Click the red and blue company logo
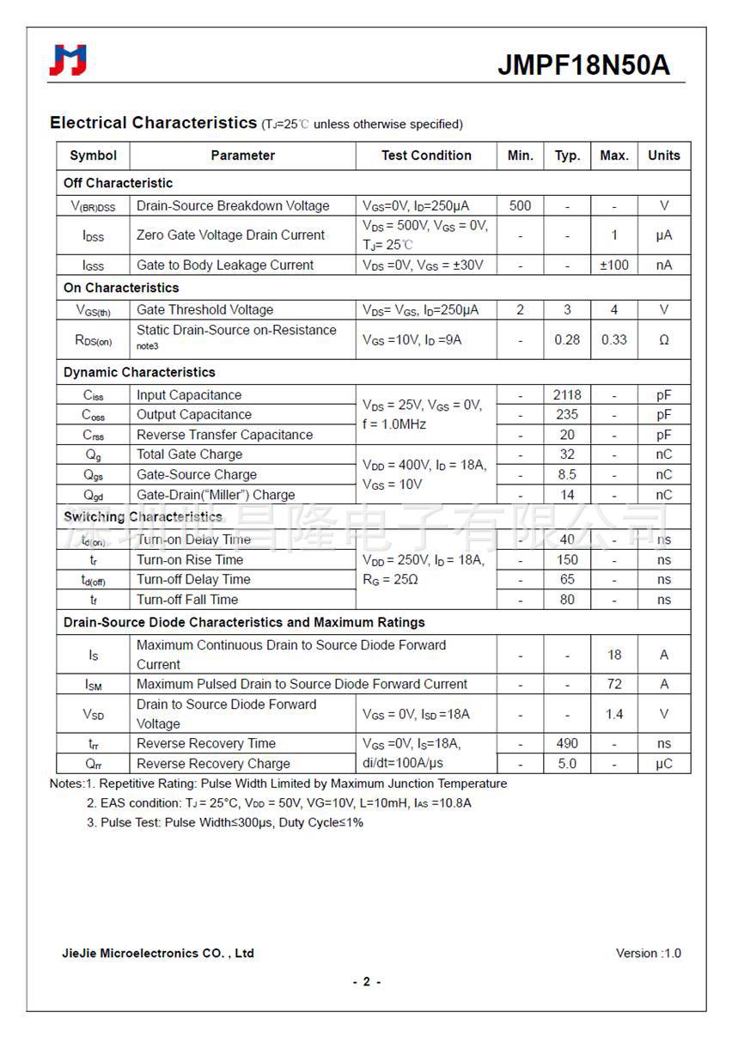(x=68, y=60)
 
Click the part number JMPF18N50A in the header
(x=584, y=65)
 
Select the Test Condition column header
(x=426, y=156)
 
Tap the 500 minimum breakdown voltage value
(x=520, y=206)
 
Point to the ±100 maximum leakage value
(x=613, y=265)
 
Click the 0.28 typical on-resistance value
(x=567, y=339)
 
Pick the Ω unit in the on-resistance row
(x=663, y=340)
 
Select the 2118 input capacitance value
(x=567, y=395)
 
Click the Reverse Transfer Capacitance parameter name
(x=224, y=435)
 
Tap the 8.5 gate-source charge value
(x=567, y=474)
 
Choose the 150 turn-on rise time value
(x=567, y=559)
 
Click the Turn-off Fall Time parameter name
(x=187, y=600)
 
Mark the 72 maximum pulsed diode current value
(x=614, y=684)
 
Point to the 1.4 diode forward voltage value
(x=614, y=714)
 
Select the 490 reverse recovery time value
(x=567, y=743)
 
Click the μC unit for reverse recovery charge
(x=663, y=764)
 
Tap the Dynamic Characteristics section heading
(x=139, y=372)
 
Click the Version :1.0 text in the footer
(x=648, y=953)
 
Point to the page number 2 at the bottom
(x=366, y=982)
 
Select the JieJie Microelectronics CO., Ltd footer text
(x=158, y=953)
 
